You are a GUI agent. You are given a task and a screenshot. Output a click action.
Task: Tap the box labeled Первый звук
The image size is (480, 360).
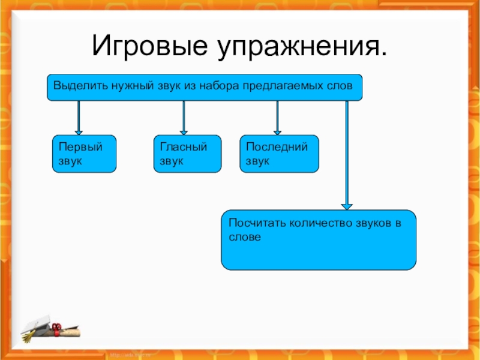[83, 154]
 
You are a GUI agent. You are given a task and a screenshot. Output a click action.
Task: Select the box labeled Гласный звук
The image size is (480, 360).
[187, 154]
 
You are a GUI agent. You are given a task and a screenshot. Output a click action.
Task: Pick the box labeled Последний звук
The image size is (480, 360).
[279, 154]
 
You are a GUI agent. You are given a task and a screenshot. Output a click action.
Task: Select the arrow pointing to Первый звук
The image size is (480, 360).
[79, 117]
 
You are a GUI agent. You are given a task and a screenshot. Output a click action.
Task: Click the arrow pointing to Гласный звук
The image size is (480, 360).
[184, 117]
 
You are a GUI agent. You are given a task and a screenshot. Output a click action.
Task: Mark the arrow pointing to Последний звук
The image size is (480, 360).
[277, 117]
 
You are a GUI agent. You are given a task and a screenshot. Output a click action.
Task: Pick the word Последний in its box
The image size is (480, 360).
[276, 146]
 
